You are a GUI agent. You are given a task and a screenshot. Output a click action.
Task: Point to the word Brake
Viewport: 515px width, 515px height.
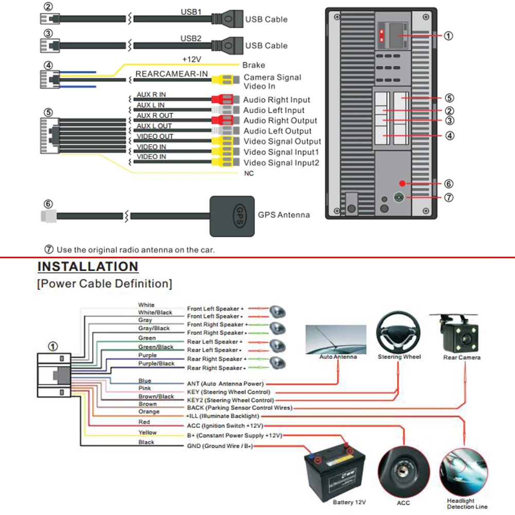coord(254,65)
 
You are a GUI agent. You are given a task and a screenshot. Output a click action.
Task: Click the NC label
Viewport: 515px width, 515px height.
coord(248,173)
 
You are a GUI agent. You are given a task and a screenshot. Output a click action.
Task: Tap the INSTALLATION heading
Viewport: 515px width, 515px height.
coord(88,267)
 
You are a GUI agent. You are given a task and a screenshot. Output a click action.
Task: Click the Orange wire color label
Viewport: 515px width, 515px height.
coord(149,412)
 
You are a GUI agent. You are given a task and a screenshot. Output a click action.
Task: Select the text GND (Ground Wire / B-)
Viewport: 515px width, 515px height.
coord(220,446)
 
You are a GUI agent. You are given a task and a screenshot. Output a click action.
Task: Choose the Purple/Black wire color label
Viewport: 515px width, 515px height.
coord(156,363)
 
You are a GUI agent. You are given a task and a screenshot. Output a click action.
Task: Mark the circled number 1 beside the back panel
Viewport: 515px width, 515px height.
coord(449,35)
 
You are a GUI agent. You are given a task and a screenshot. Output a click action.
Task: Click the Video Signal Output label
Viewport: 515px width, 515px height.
coord(282,141)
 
